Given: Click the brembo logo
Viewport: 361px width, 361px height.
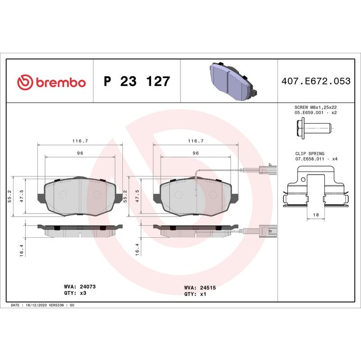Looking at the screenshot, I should click(51, 82).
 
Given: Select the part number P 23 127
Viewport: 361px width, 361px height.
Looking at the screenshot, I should click(137, 82).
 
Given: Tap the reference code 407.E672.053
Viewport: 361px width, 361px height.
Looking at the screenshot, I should click(316, 81).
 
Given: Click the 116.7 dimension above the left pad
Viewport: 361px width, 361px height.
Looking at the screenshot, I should click(80, 141).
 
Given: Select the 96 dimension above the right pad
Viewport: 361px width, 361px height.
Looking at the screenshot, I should click(196, 153).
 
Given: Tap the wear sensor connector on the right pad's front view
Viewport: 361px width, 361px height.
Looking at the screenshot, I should click(268, 171).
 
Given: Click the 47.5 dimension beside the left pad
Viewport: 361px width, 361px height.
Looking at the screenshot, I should click(22, 196).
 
